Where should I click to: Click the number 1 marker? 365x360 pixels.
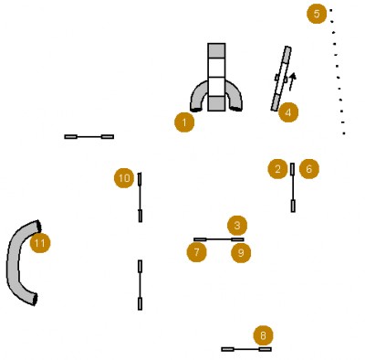[x=184, y=122]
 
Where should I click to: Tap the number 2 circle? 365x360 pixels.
[x=277, y=169]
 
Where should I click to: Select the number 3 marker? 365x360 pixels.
[x=237, y=226]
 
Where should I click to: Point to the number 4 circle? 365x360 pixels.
[x=288, y=112]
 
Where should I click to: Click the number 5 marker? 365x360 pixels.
[x=317, y=14]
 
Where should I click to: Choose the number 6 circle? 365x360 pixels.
[x=309, y=169]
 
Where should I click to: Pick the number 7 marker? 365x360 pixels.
[x=197, y=252]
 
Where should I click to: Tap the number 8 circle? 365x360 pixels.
[x=264, y=335]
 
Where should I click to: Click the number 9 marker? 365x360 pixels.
[x=241, y=252]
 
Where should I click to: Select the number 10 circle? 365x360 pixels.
[x=124, y=178]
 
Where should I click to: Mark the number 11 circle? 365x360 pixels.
[x=40, y=243]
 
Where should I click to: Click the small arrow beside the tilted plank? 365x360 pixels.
[x=292, y=81]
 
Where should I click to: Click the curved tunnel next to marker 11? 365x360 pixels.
[x=14, y=262]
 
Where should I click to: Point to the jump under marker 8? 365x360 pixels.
[x=246, y=349]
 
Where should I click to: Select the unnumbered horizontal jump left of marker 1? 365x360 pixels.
[x=89, y=137]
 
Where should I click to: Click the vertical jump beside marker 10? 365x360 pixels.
[x=140, y=197]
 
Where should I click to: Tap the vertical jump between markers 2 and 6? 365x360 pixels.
[x=293, y=187]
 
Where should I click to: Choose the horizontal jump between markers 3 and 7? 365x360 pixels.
[x=219, y=239]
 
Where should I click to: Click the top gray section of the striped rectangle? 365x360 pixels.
[x=216, y=50]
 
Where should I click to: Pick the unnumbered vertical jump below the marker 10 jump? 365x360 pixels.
[x=140, y=285]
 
